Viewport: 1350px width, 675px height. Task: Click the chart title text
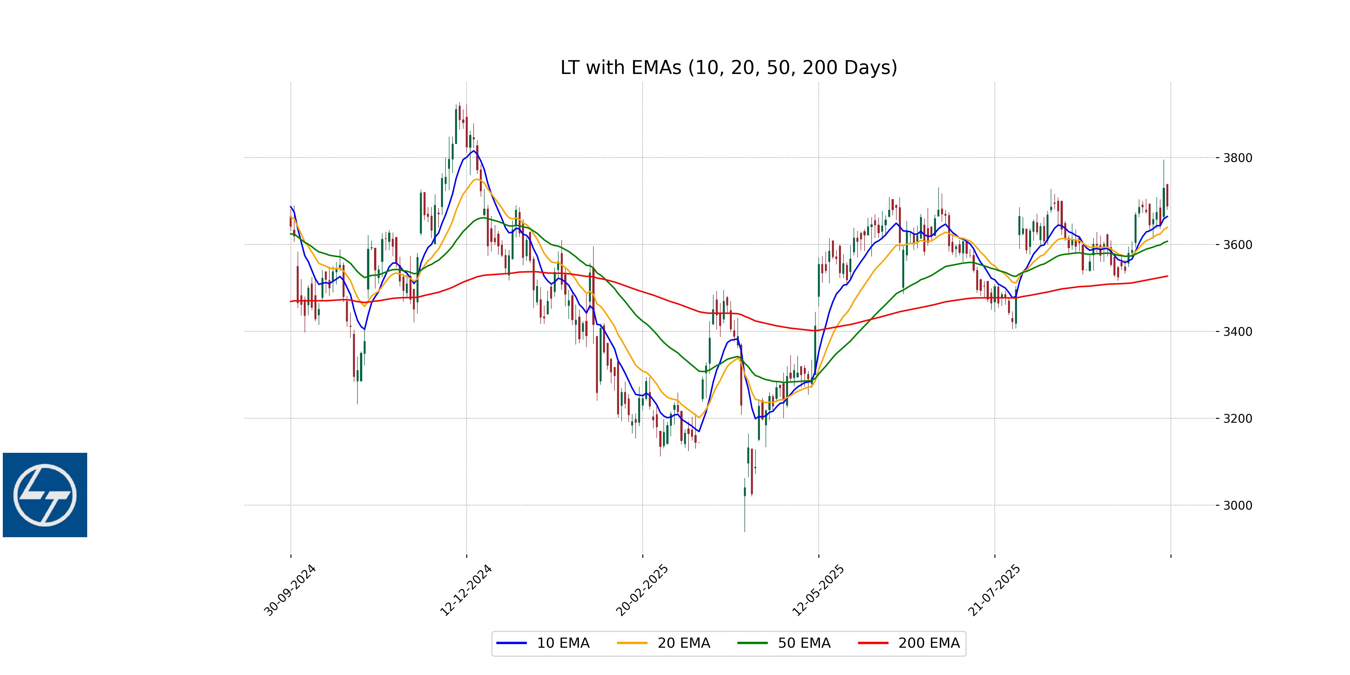pos(728,67)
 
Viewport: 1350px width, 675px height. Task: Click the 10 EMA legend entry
pos(543,643)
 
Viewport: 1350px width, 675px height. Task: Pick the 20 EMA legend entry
pos(663,643)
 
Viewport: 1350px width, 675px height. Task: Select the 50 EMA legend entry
pos(784,643)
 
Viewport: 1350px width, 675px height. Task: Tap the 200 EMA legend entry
pos(909,643)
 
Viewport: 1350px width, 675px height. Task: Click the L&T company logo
pos(45,495)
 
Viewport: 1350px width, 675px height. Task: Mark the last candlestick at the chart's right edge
pos(1167,195)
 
